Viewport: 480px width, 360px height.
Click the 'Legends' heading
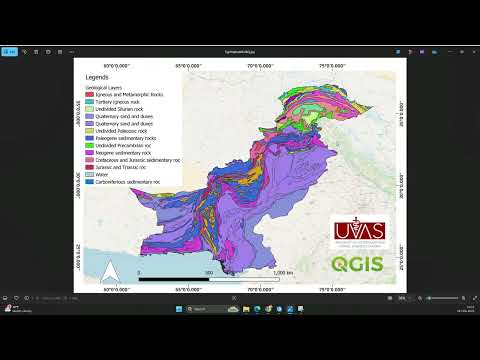tap(97, 78)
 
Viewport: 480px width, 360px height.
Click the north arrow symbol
tap(113, 268)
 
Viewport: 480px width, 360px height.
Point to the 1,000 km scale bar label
tap(283, 272)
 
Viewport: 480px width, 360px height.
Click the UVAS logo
tap(363, 232)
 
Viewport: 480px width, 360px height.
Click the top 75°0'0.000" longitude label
tap(336, 65)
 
